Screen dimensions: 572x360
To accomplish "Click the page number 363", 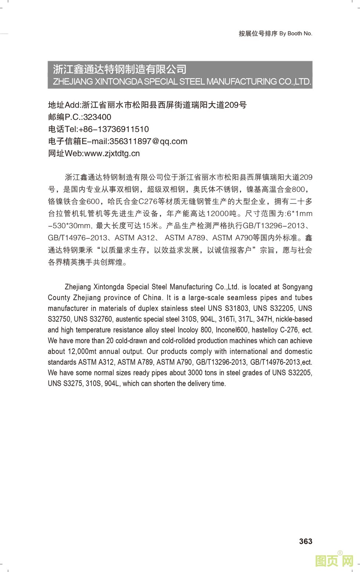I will click(305, 541).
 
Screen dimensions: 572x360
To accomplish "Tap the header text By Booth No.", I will click(296, 33).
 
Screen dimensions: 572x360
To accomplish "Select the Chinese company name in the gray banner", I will click(120, 69).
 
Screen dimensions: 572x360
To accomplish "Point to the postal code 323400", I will click(97, 117).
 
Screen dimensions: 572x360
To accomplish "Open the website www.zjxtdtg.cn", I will click(112, 154).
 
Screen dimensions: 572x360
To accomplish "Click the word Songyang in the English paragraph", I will click(296, 287).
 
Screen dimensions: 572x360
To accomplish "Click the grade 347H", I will click(264, 319).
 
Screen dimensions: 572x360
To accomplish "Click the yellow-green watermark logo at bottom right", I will click(334, 560).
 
